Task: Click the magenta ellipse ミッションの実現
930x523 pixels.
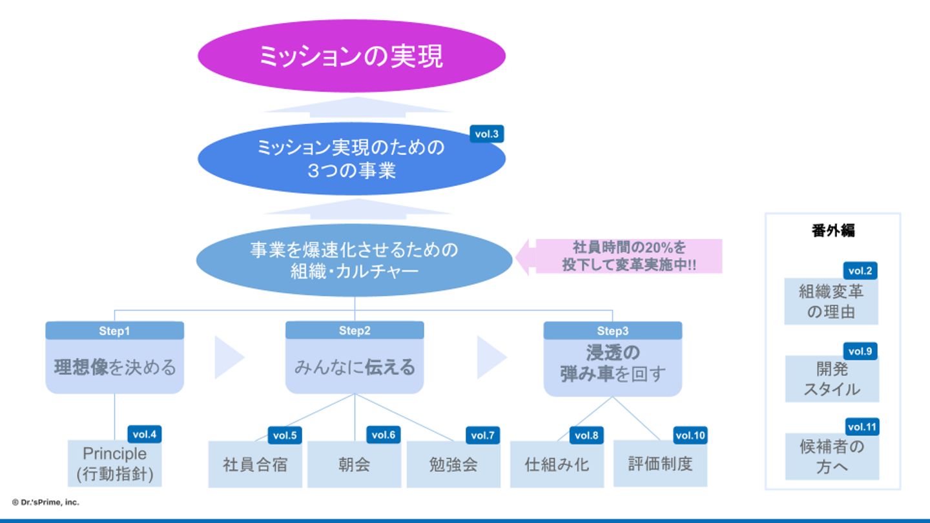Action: [x=351, y=56]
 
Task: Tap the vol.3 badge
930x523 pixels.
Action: [x=486, y=134]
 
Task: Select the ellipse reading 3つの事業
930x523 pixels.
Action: [x=351, y=159]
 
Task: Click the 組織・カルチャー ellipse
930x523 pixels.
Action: [x=354, y=260]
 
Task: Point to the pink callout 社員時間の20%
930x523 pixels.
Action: [x=628, y=256]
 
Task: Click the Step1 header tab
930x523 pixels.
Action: [x=114, y=331]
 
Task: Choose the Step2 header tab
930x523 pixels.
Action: [x=355, y=331]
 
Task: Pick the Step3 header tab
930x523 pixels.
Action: [x=612, y=331]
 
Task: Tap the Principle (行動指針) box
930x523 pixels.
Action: [x=115, y=464]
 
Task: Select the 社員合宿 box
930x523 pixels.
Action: [x=255, y=464]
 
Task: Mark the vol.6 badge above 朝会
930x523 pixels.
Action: [x=383, y=435]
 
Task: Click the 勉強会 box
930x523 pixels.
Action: [x=453, y=464]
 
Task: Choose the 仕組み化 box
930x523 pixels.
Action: [x=557, y=464]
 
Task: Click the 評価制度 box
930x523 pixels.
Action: [x=660, y=464]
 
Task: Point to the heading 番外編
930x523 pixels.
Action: [x=833, y=231]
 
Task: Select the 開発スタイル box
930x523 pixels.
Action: [x=832, y=380]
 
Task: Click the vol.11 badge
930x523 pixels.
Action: [x=862, y=427]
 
